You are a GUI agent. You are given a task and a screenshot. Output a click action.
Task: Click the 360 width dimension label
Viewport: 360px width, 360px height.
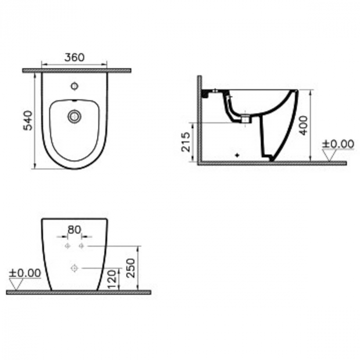[75, 58]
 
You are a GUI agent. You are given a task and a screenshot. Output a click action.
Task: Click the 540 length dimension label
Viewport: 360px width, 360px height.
[28, 120]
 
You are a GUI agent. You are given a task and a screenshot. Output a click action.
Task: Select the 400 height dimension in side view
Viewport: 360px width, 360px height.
[303, 125]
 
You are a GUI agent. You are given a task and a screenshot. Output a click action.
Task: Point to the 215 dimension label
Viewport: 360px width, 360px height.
[186, 142]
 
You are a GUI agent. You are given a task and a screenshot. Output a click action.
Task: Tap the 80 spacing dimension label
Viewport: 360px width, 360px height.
[75, 230]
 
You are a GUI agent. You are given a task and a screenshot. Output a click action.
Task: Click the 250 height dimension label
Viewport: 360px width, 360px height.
[131, 268]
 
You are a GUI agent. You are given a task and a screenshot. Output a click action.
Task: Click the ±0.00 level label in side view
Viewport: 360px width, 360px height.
[338, 144]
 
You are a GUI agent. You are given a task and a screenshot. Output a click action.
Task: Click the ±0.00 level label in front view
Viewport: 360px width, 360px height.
[25, 273]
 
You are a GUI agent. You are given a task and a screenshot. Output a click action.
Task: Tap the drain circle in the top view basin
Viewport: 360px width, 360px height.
[74, 117]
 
